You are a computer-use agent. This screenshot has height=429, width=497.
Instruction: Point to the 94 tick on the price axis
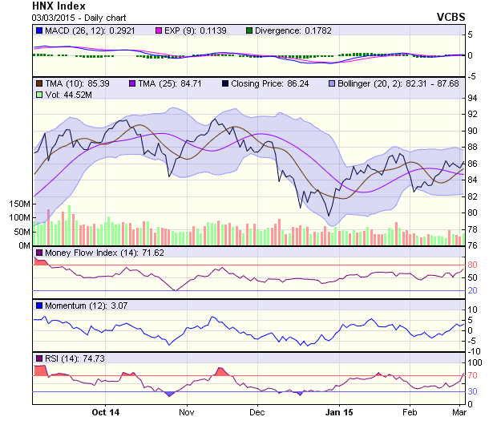(472, 98)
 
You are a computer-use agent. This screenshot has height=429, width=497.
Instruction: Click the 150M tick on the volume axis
(20, 205)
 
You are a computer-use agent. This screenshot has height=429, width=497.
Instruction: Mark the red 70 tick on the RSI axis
(472, 375)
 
